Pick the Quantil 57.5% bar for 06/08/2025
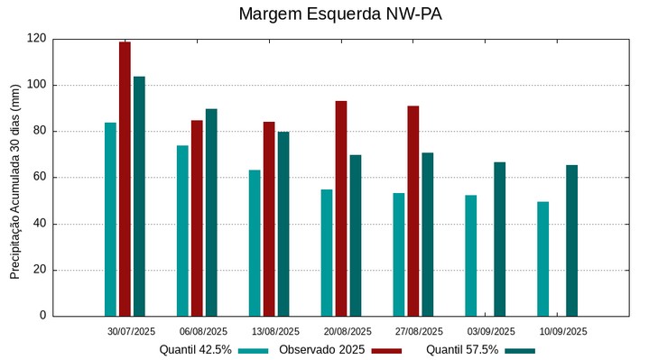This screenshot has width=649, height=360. (x=211, y=212)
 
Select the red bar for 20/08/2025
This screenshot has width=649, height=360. (x=341, y=208)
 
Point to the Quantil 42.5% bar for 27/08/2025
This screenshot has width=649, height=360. (x=399, y=254)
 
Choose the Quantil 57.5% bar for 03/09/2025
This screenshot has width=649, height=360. (x=499, y=239)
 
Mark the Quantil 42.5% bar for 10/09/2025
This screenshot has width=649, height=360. (x=542, y=259)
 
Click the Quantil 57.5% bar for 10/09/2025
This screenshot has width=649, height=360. (x=571, y=240)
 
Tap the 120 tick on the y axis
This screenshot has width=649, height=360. (x=37, y=39)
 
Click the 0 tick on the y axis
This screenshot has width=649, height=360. (x=42, y=316)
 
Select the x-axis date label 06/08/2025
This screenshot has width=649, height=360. (x=203, y=331)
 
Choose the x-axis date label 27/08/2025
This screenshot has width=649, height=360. (x=419, y=331)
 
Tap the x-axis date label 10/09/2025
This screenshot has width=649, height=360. (x=563, y=331)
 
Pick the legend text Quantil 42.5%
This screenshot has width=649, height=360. (x=196, y=350)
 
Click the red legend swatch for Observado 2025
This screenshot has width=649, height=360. (x=386, y=351)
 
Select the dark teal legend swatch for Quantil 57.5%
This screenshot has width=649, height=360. (x=520, y=351)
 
